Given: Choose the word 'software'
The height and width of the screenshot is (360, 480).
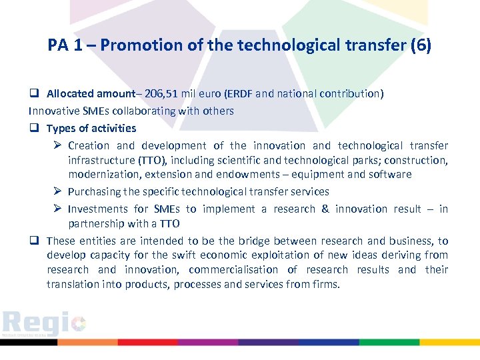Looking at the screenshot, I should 390,175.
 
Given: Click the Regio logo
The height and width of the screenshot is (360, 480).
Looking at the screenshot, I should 43,324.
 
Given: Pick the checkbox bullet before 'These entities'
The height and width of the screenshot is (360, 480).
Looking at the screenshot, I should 33,241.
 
